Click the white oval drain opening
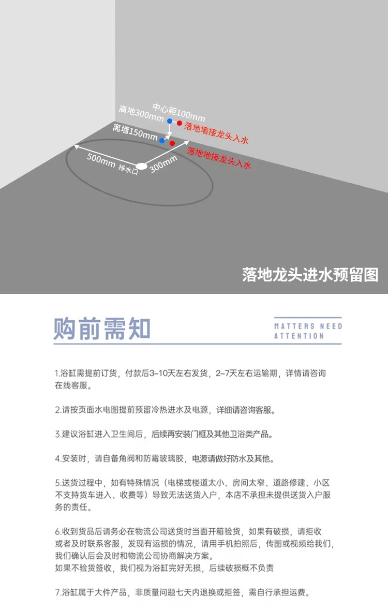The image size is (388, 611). click(141, 167)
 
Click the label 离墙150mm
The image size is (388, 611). click(135, 132)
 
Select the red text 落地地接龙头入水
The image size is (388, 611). click(219, 158)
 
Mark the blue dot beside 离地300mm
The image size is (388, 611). click(170, 121)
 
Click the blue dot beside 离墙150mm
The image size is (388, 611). click(162, 140)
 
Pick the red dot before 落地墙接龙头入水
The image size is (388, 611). click(180, 123)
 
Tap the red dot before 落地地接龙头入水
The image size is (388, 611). click(172, 143)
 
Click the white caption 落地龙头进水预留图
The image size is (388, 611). click(310, 274)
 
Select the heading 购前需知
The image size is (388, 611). click(102, 329)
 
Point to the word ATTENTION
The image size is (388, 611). click(299, 336)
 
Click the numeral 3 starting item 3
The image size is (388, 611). click(57, 434)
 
